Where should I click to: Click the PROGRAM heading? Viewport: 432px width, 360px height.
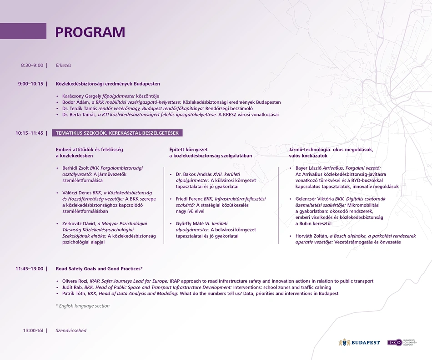(x=90, y=32)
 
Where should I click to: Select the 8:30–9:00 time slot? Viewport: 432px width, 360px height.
(x=32, y=66)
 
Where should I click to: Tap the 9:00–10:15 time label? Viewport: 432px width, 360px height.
(x=30, y=84)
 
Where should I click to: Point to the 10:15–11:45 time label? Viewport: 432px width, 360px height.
(x=29, y=133)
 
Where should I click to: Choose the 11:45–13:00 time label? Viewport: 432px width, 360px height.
(x=29, y=269)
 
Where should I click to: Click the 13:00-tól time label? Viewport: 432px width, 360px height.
(x=33, y=330)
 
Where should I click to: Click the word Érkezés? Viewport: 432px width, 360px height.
(x=64, y=66)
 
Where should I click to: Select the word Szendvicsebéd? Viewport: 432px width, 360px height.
(x=71, y=330)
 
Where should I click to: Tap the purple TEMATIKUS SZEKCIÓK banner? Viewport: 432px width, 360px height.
(x=117, y=133)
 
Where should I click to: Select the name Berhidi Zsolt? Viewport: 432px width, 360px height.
(x=75, y=168)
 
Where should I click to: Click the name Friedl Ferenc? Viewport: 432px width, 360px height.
(x=189, y=199)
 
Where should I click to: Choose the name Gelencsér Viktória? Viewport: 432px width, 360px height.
(x=314, y=199)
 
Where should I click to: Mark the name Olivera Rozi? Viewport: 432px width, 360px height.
(x=74, y=281)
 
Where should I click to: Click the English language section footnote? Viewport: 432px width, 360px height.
(x=82, y=306)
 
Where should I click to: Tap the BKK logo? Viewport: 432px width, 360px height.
(x=395, y=342)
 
